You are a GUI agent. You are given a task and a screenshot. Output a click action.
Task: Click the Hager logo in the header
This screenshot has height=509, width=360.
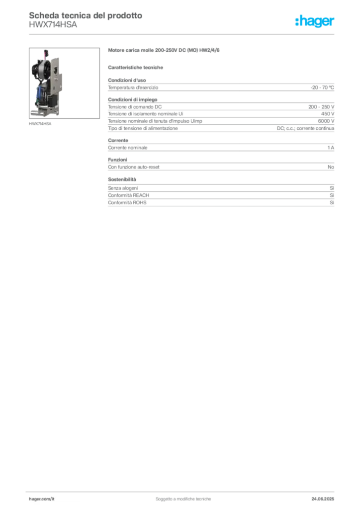click(x=314, y=21)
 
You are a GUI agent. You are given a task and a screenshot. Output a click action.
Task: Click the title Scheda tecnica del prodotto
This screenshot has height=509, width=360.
click(x=86, y=15)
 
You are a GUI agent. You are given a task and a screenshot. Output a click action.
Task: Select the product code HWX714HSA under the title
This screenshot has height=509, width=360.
click(x=53, y=25)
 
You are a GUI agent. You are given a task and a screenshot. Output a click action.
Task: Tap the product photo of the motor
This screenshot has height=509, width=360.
click(x=64, y=83)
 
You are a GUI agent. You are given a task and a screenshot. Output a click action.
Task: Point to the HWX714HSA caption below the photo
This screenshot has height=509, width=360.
click(x=40, y=124)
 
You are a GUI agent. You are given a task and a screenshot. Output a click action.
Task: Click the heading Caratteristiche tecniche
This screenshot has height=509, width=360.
click(x=135, y=68)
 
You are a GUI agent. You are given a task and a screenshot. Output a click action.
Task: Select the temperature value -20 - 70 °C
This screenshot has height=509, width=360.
click(x=322, y=87)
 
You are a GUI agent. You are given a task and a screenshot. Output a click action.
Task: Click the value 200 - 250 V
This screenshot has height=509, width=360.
click(x=321, y=107)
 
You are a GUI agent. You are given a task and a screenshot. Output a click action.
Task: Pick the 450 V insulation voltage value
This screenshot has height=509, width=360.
click(x=328, y=114)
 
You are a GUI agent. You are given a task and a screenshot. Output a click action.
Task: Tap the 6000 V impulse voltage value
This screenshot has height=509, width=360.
click(x=326, y=121)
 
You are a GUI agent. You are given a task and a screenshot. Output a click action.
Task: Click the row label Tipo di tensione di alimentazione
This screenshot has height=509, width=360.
click(x=143, y=128)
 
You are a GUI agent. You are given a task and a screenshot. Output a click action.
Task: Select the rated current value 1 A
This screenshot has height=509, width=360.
click(x=331, y=148)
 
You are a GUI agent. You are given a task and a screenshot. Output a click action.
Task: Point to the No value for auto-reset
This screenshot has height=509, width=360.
click(x=331, y=167)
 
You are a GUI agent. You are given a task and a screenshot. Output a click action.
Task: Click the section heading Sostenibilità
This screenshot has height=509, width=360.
click(x=122, y=179)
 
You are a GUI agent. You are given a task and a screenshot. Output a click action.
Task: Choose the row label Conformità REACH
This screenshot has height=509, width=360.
click(x=129, y=195)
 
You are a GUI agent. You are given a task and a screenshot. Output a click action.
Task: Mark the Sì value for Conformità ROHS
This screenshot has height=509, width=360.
click(x=332, y=203)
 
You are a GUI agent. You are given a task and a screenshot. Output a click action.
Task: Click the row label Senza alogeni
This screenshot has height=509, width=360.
click(x=123, y=188)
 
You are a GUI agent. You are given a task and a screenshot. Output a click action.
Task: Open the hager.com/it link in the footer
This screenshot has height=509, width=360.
click(x=42, y=499)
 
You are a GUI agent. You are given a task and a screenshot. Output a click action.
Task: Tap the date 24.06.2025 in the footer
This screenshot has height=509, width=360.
click(x=323, y=499)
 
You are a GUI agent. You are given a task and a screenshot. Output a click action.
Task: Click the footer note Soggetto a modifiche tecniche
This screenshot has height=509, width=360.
click(x=183, y=499)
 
